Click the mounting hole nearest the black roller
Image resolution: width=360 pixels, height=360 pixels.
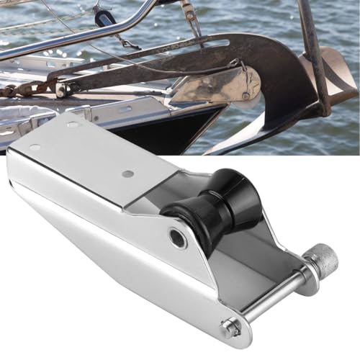[127, 174]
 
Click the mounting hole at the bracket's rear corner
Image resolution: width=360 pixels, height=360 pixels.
[35, 148]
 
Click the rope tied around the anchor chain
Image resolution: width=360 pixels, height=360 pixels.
[61, 88]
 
